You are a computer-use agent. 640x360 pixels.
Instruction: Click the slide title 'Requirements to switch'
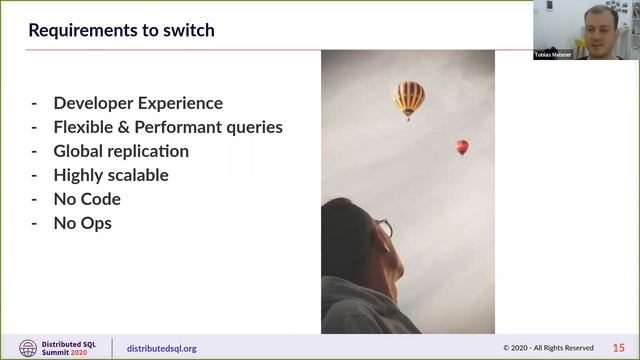(121, 30)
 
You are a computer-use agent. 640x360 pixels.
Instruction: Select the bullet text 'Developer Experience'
(138, 103)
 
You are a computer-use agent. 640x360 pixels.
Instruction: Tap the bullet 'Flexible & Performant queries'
(168, 127)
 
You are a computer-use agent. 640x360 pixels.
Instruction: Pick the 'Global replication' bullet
(121, 151)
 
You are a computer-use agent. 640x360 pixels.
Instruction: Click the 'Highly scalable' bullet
(111, 175)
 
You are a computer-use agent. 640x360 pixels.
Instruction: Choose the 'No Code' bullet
(87, 199)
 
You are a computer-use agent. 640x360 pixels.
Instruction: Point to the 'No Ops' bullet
(82, 223)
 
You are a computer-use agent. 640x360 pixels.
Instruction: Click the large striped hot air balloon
(408, 98)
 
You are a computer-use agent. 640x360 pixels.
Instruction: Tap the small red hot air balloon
(462, 147)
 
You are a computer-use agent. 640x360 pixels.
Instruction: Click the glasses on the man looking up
(384, 228)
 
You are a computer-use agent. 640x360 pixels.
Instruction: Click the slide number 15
(618, 348)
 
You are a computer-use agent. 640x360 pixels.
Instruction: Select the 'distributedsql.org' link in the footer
(162, 348)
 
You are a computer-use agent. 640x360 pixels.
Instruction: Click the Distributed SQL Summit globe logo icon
(27, 348)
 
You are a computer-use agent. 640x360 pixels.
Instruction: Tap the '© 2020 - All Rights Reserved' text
(548, 348)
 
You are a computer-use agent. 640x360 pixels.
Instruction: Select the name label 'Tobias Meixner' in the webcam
(553, 55)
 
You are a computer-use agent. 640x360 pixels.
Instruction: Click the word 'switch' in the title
(190, 30)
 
